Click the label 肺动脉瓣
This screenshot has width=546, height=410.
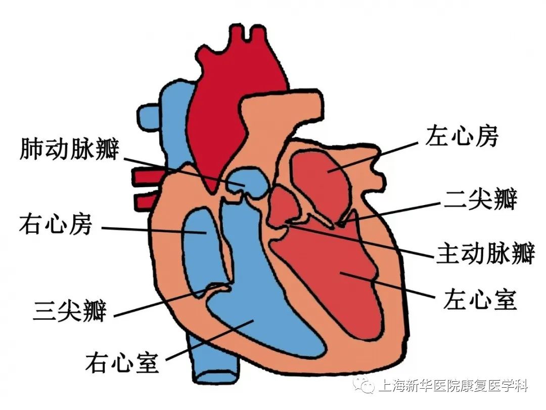click(x=69, y=149)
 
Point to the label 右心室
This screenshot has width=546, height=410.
click(x=122, y=362)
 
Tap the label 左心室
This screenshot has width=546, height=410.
click(x=480, y=300)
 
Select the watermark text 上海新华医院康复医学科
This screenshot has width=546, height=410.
click(x=452, y=387)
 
